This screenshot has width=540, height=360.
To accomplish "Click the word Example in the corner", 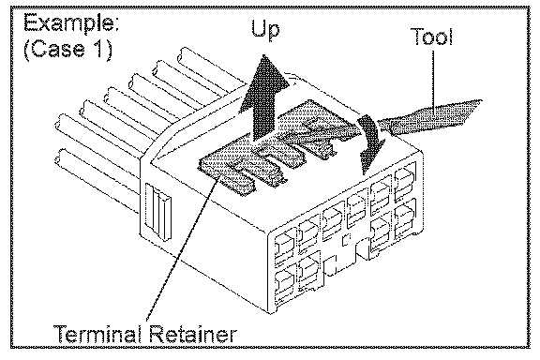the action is tap(71, 24).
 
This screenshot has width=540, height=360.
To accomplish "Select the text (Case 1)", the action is tap(67, 49).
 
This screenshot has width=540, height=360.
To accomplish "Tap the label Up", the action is tap(264, 30).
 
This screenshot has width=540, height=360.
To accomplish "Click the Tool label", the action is tap(431, 37).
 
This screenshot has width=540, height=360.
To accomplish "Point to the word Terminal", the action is tap(97, 333).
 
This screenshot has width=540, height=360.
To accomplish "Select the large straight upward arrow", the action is tap(264, 97).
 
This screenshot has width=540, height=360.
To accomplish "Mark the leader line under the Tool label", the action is tap(433, 78).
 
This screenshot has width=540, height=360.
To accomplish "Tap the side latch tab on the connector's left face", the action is tap(158, 211).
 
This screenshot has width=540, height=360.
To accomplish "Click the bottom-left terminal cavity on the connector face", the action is tap(284, 284).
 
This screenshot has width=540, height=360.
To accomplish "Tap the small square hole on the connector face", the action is tap(346, 240).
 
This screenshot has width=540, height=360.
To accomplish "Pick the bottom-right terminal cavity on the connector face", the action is tap(405, 219).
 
